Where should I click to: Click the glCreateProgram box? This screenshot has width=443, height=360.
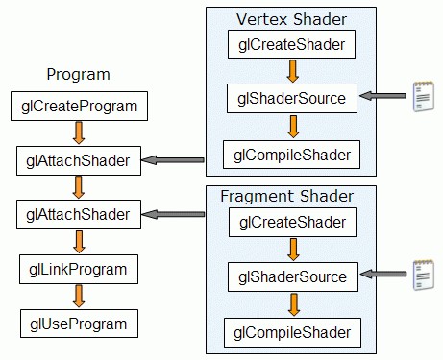click(79, 106)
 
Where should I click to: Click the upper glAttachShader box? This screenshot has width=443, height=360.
click(79, 159)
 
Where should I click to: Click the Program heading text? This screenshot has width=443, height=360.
click(78, 74)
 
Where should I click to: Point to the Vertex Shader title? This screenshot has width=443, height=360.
click(292, 19)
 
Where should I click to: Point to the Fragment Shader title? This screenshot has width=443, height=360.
click(287, 196)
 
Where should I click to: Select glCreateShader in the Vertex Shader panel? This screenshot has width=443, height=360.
click(292, 43)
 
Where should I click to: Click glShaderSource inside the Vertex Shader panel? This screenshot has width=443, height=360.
click(292, 96)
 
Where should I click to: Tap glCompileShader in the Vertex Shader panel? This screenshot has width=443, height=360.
click(292, 153)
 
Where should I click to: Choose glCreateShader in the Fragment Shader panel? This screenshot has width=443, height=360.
click(292, 224)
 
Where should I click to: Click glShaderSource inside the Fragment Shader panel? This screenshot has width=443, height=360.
click(292, 277)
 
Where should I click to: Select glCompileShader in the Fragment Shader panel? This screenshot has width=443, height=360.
click(292, 333)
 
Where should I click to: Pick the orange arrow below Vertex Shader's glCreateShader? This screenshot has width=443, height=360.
click(292, 69)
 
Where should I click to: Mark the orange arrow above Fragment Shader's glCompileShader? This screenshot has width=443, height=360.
click(292, 305)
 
